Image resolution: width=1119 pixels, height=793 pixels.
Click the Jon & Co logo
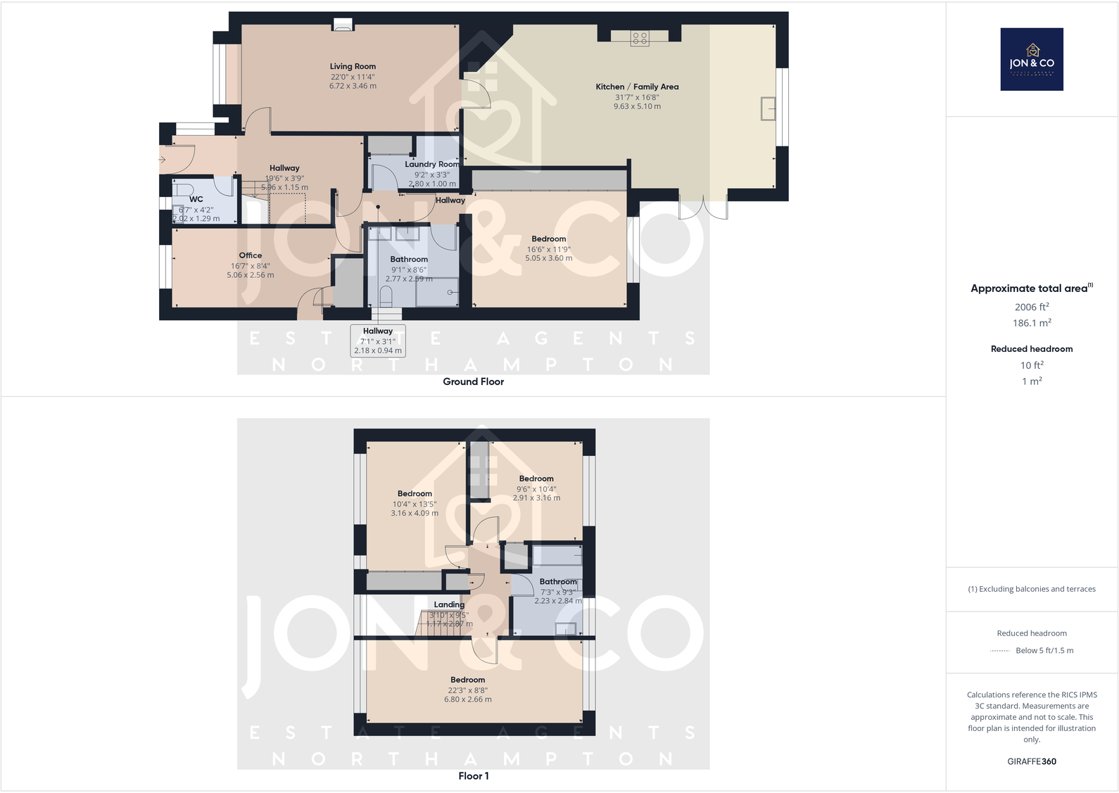(1032, 59)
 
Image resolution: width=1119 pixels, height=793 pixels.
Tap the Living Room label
(353, 67)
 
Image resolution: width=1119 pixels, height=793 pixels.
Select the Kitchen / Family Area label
(637, 87)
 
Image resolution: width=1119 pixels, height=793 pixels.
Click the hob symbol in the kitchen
(640, 39)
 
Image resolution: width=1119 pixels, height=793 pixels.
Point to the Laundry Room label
(431, 165)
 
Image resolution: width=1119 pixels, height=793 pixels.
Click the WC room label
(196, 199)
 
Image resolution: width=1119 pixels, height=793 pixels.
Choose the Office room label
(251, 255)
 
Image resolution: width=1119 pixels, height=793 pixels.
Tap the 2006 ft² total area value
(1032, 307)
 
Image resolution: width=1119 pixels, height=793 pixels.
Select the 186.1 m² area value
(1032, 323)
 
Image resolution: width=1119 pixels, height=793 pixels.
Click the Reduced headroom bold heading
(1032, 349)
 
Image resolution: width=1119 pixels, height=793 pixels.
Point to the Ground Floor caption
(473, 381)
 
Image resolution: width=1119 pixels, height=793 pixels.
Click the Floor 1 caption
(473, 775)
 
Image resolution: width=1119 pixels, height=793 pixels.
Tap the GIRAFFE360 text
(1032, 761)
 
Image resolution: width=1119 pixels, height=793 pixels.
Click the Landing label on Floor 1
(449, 604)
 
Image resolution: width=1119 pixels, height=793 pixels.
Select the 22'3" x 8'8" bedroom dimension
(467, 690)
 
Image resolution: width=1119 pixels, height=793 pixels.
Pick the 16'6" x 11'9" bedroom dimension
(548, 249)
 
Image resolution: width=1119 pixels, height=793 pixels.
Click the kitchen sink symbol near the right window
(768, 109)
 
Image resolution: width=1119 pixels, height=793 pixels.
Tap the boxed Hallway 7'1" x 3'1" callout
(378, 341)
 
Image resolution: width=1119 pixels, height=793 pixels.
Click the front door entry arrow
(163, 160)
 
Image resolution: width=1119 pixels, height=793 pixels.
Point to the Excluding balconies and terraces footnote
(1032, 589)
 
